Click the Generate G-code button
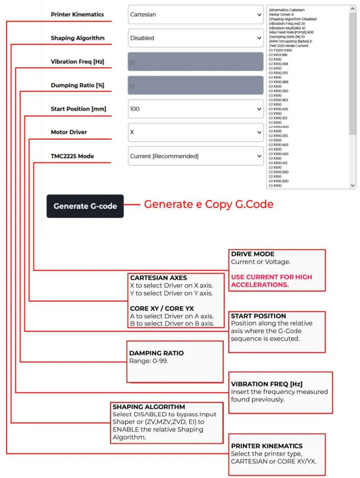pyautogui.click(x=85, y=206)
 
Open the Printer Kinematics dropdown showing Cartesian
pyautogui.click(x=196, y=15)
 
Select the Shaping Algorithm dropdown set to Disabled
pyautogui.click(x=196, y=38)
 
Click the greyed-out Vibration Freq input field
pyautogui.click(x=196, y=62)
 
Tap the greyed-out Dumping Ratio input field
pyautogui.click(x=196, y=85)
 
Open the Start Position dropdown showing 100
pyautogui.click(x=196, y=109)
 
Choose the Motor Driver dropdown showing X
pyautogui.click(x=196, y=132)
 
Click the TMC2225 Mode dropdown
pyautogui.click(x=196, y=156)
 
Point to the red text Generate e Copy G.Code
pyautogui.click(x=208, y=204)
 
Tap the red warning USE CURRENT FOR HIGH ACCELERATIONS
pyautogui.click(x=271, y=281)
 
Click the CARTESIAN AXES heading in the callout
pyautogui.click(x=158, y=278)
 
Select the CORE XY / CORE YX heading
pyautogui.click(x=162, y=308)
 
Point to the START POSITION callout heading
pyautogui.click(x=258, y=316)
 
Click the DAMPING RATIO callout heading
pyautogui.click(x=157, y=353)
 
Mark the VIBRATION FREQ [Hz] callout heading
pyautogui.click(x=263, y=384)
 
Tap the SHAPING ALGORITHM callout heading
pyautogui.click(x=149, y=407)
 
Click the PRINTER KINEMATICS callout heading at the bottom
pyautogui.click(x=267, y=446)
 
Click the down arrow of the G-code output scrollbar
pyautogui.click(x=353, y=186)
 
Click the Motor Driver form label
pyautogui.click(x=69, y=132)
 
